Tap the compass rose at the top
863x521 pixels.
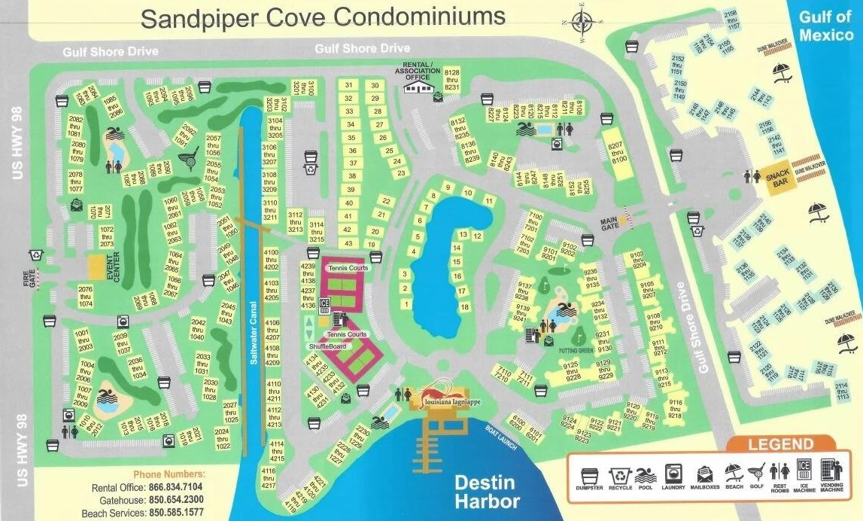click(582, 23)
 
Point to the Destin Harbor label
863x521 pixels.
click(487, 492)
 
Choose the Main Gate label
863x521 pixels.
click(607, 224)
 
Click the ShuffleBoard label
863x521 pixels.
click(327, 346)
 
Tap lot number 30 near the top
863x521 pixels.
click(374, 85)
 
